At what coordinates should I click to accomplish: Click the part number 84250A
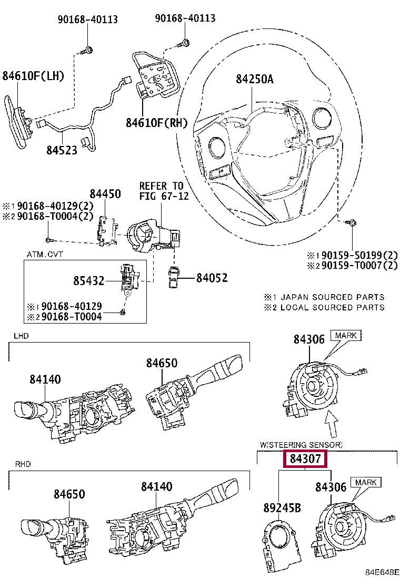pyautogui.click(x=254, y=79)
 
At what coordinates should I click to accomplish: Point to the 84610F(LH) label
pyautogui.click(x=33, y=76)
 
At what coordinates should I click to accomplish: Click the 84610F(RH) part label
pyautogui.click(x=156, y=123)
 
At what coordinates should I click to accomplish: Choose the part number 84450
pyautogui.click(x=105, y=193)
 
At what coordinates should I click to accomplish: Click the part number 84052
pyautogui.click(x=212, y=277)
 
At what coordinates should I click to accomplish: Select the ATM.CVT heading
pyautogui.click(x=45, y=255)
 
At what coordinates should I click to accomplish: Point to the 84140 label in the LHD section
pyautogui.click(x=45, y=379)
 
